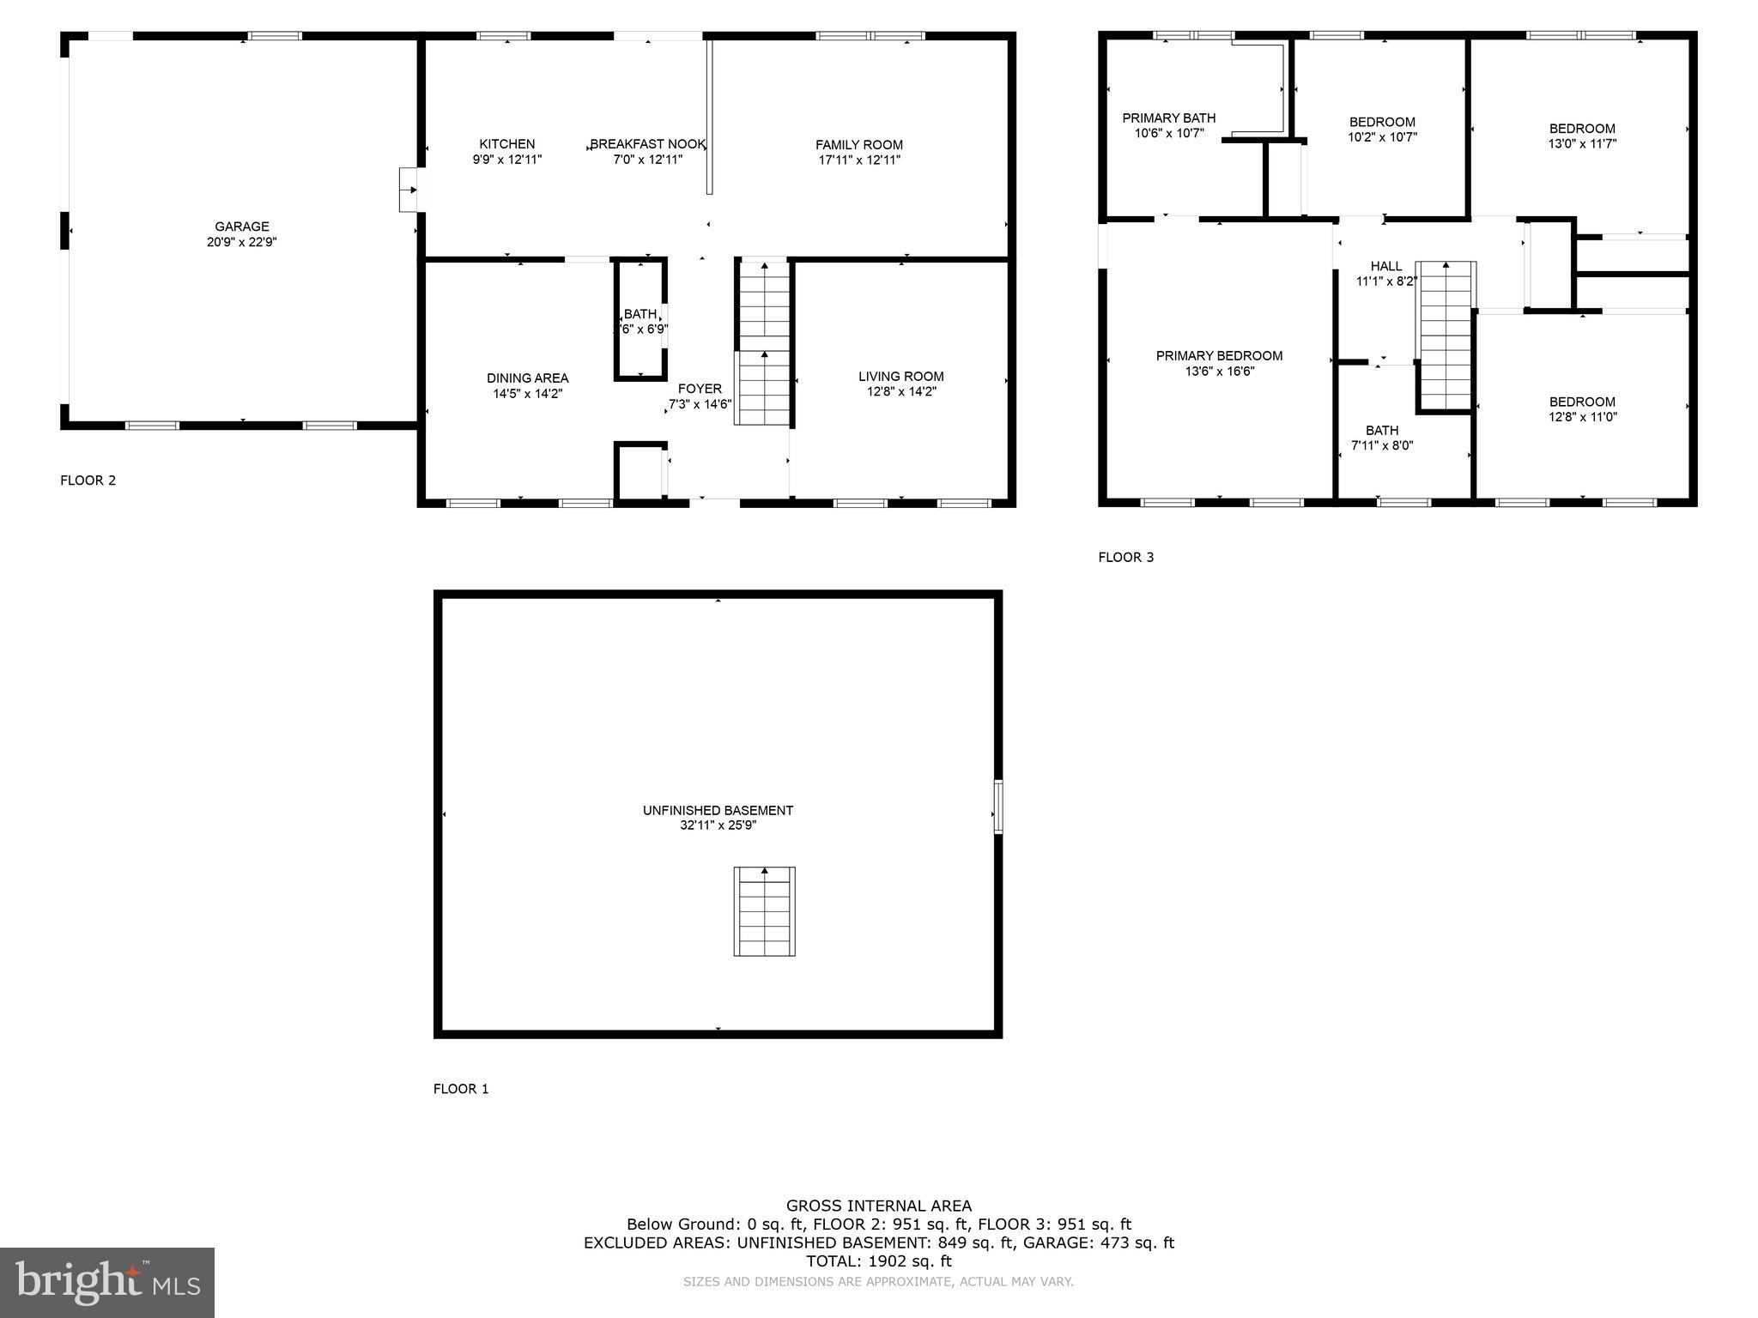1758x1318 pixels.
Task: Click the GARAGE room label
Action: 242,227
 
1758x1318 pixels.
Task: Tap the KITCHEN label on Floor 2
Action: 506,144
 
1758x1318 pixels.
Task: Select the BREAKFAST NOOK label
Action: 647,144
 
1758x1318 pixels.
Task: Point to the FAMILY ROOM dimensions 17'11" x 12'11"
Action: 859,160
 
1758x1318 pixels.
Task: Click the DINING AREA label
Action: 527,378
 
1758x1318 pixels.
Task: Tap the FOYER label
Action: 700,389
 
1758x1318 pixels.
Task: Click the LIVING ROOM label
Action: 900,377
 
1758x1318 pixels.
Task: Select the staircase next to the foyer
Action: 763,343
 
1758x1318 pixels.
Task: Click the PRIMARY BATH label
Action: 1168,118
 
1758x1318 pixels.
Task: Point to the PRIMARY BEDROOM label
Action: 1219,356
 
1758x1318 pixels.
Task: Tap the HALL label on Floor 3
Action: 1385,266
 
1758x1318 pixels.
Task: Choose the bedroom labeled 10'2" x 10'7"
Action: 1382,130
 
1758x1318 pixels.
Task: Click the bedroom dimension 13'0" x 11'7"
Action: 1582,144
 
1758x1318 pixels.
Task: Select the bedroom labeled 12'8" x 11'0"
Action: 1582,409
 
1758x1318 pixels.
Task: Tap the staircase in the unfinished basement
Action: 764,911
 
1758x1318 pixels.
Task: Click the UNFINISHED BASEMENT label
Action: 718,810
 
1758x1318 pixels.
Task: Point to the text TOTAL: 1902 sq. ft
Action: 878,1261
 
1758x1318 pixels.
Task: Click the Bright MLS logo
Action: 107,1282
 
